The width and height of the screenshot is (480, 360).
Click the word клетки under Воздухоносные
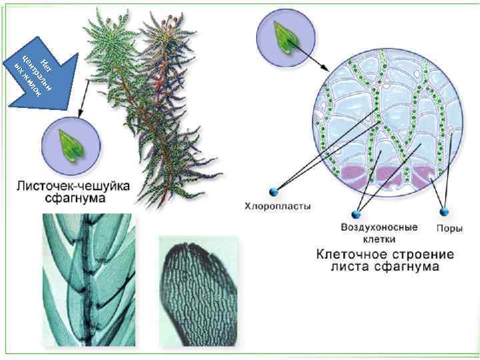click(379, 239)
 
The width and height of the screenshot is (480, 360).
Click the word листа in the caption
click(351, 267)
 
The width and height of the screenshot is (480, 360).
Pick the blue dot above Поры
click(444, 213)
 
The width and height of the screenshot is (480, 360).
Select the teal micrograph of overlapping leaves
click(89, 280)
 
